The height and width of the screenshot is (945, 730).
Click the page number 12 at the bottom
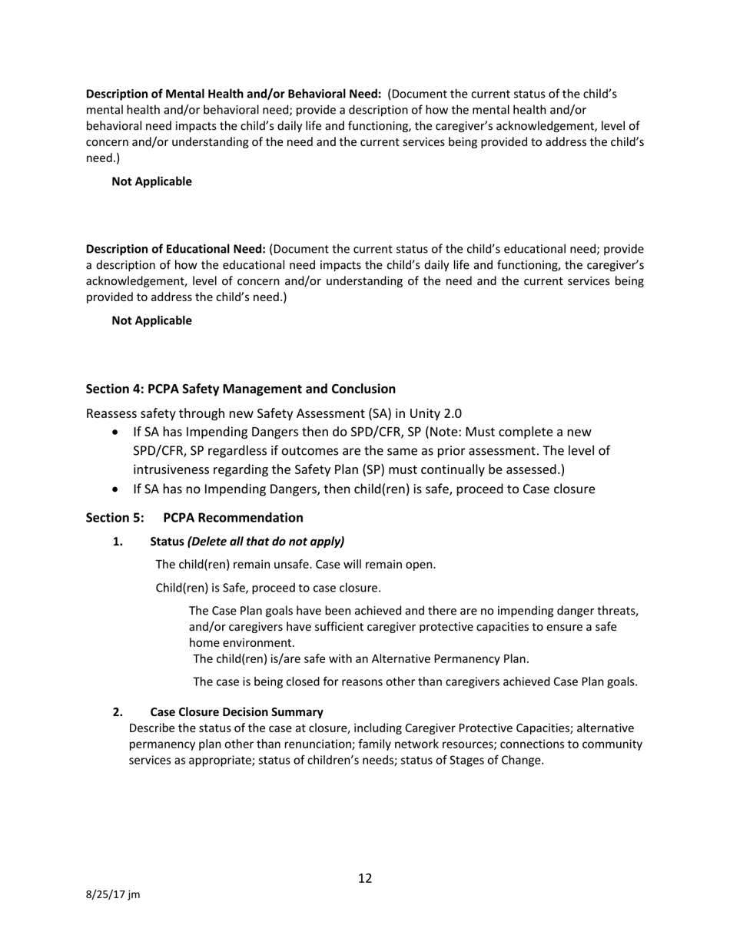point(365,878)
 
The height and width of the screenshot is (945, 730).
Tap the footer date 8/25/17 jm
point(112,895)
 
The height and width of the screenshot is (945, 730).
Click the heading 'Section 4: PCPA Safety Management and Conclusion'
point(241,389)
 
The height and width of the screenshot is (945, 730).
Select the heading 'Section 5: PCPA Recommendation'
point(194,517)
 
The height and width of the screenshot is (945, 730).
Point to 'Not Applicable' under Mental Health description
point(151,182)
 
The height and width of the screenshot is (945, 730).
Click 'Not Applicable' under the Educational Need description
point(151,320)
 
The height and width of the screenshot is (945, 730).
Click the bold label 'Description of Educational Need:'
point(175,249)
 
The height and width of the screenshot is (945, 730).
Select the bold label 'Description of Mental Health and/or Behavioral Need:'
point(233,94)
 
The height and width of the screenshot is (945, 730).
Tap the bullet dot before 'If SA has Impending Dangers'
point(115,433)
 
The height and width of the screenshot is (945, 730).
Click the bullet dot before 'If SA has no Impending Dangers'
point(115,489)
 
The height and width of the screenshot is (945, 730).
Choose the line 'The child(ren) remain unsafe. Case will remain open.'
point(296,565)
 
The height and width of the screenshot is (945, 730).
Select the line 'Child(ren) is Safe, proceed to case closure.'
point(267,589)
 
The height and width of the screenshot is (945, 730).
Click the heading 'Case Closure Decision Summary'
point(236,711)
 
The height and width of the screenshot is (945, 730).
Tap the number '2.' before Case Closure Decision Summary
point(118,711)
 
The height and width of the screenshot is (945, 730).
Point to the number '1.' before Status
point(118,542)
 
